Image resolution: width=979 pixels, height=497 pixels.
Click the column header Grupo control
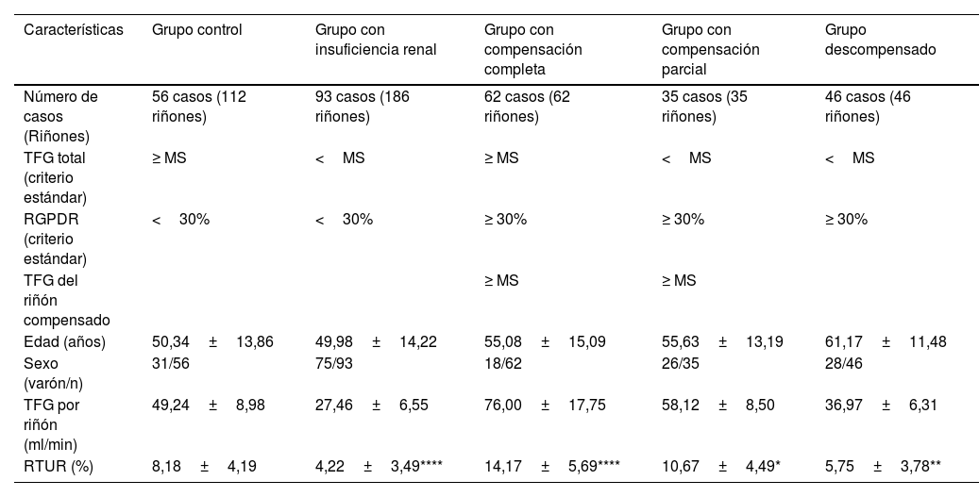(197, 30)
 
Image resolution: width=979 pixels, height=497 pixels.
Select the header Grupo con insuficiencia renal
(376, 40)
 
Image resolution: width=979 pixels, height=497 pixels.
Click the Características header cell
(74, 30)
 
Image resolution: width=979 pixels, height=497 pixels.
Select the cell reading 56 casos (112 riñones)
(198, 107)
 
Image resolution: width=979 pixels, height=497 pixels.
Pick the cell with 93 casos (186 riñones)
(363, 107)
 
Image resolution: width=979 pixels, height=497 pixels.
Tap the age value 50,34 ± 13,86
(212, 341)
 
